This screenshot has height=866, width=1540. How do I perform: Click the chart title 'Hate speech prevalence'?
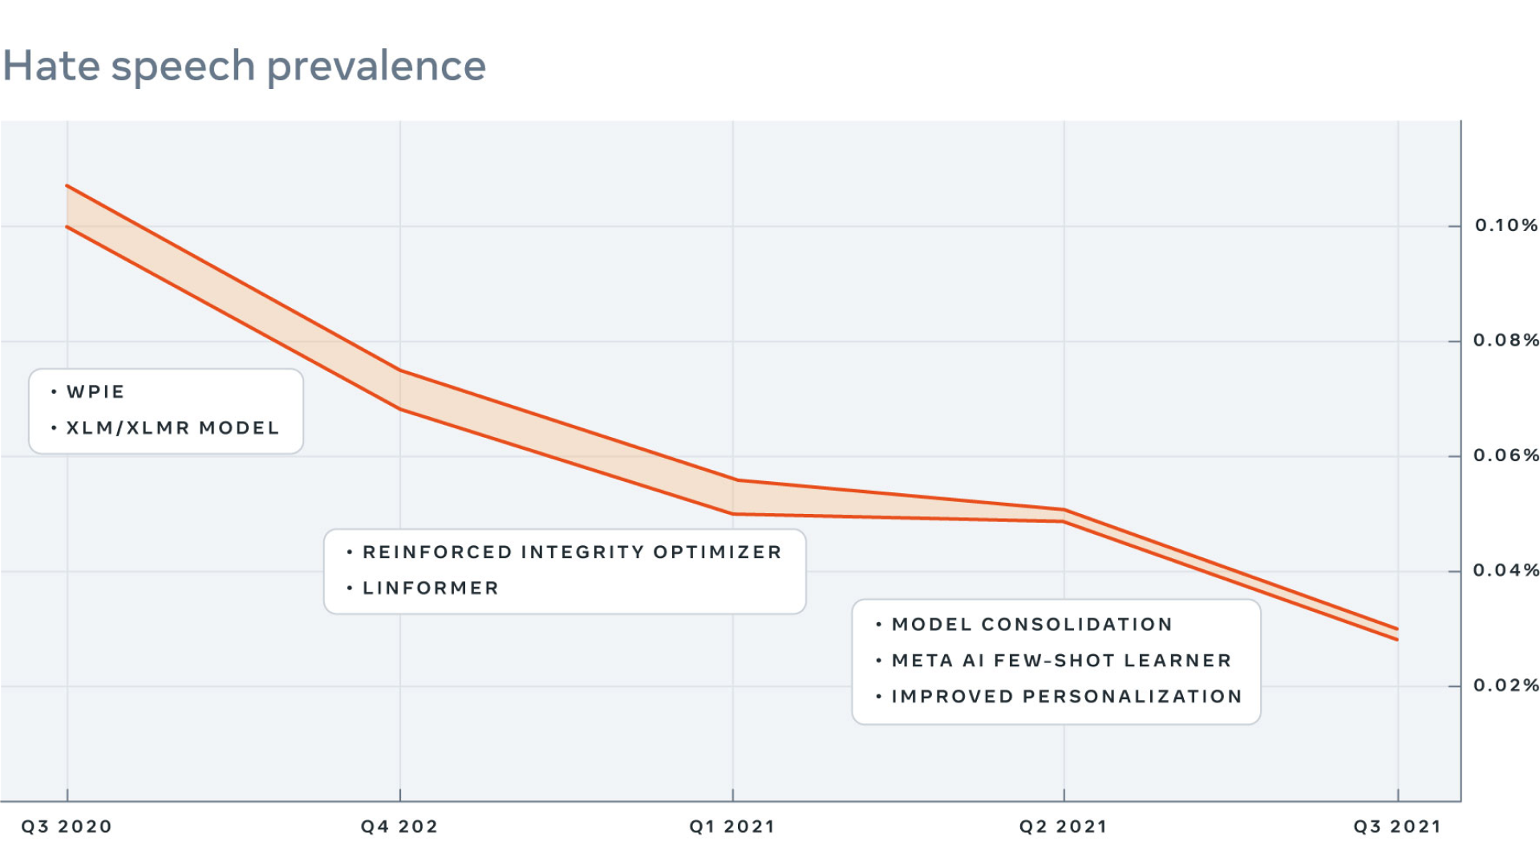[x=245, y=66]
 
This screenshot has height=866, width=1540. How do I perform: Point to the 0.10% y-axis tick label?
[x=1506, y=225]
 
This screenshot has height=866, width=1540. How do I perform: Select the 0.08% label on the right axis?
[x=1506, y=340]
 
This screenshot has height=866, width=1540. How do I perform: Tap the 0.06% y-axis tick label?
[x=1506, y=455]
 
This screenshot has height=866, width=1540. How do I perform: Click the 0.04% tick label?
[x=1506, y=570]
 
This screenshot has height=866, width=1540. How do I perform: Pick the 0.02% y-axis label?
[x=1506, y=686]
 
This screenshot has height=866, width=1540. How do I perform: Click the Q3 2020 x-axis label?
[x=67, y=827]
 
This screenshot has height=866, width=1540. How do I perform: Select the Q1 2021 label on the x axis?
[x=731, y=827]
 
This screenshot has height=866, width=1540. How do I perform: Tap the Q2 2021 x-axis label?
[x=1063, y=827]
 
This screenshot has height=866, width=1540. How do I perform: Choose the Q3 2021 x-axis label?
[x=1397, y=827]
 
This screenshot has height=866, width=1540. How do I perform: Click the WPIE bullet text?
[x=95, y=392]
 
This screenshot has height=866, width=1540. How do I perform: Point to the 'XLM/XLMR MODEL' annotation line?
[x=172, y=428]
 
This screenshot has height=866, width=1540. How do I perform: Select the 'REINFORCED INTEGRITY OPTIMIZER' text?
[x=572, y=552]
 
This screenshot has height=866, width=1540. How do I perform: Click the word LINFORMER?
[x=431, y=589]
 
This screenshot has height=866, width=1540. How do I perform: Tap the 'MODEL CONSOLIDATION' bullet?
[x=1031, y=625]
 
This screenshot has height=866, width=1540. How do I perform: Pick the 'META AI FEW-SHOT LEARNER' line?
[x=1061, y=661]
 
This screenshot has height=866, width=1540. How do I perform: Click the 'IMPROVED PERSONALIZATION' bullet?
[x=1067, y=697]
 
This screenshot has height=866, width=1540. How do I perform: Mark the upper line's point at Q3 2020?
[x=67, y=186]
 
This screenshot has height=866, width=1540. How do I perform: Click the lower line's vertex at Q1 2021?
[x=732, y=514]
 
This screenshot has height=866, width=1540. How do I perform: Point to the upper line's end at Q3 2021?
[x=1398, y=629]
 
